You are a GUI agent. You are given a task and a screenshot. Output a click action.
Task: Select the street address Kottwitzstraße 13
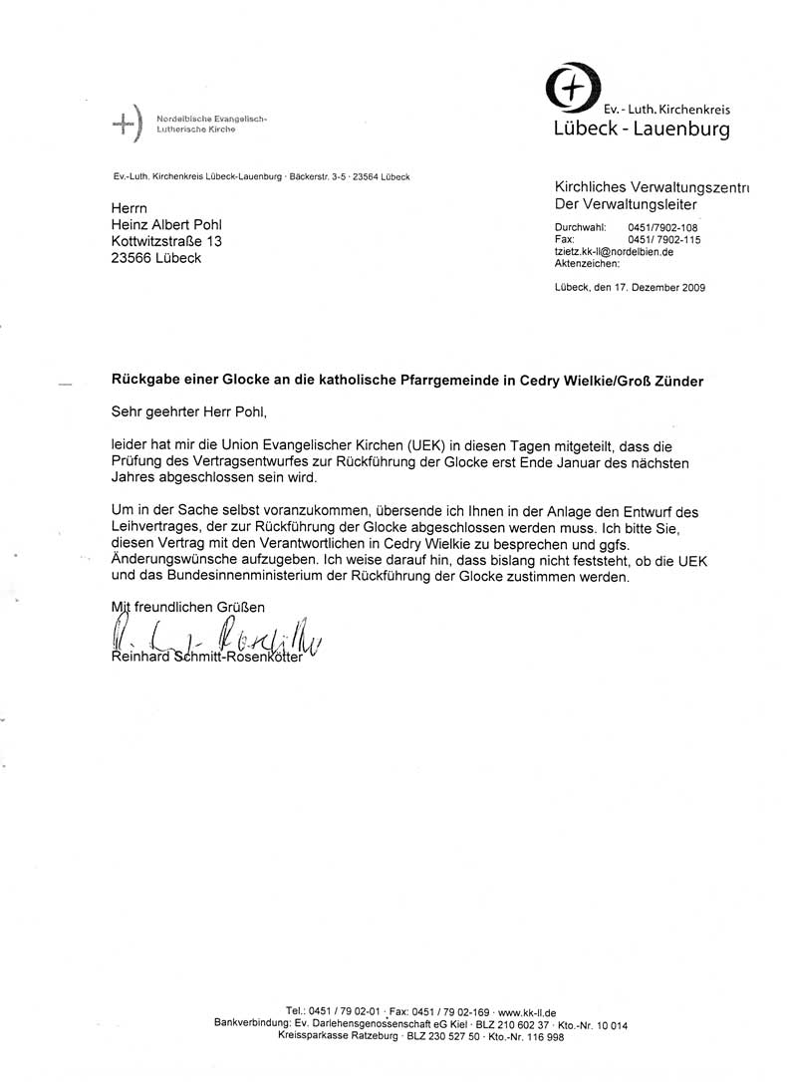pyautogui.click(x=166, y=242)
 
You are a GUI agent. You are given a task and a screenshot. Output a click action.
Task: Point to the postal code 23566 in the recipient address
pyautogui.click(x=131, y=259)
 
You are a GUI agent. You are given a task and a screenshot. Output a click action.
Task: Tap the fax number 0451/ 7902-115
pyautogui.click(x=663, y=240)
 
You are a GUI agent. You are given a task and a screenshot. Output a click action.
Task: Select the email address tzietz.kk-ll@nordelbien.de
pyautogui.click(x=614, y=252)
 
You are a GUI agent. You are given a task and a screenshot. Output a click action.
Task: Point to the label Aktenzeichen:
pyautogui.click(x=587, y=264)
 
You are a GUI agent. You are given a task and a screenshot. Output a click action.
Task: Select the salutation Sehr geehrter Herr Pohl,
pyautogui.click(x=190, y=408)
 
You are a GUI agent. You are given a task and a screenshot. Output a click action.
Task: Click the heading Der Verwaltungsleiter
pyautogui.click(x=626, y=204)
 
